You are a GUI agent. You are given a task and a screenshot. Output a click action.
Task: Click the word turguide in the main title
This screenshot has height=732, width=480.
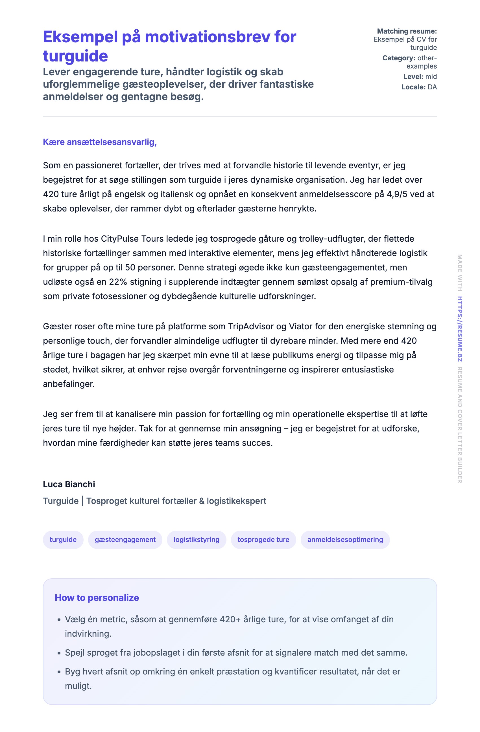point(75,56)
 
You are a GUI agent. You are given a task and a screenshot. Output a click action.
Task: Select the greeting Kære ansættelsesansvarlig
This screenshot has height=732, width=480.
point(99,142)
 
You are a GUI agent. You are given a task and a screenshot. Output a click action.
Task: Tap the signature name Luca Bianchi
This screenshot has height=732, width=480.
point(69,484)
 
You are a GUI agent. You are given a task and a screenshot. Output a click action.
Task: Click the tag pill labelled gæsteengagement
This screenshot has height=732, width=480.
point(125,539)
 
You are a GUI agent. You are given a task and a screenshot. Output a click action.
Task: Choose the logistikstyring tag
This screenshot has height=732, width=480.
point(197,539)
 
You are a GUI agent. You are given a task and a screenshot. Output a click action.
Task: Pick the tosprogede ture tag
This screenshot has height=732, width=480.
point(263,539)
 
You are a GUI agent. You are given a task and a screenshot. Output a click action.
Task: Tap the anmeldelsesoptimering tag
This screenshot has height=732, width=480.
point(345,539)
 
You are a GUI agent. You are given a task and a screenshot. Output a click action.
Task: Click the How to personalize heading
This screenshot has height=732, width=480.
point(97,597)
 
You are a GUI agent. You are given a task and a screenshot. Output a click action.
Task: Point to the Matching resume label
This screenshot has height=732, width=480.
point(407,31)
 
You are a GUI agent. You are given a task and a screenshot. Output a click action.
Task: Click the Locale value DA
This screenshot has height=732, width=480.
point(432,87)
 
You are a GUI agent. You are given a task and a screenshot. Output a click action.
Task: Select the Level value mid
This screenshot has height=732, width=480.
point(431,77)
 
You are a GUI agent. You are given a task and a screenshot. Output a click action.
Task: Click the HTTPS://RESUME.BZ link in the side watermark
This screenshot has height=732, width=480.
point(460,329)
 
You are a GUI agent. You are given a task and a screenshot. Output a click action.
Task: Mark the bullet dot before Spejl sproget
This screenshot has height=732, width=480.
point(59,653)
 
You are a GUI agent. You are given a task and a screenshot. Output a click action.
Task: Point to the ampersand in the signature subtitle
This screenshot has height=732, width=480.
point(202,501)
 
